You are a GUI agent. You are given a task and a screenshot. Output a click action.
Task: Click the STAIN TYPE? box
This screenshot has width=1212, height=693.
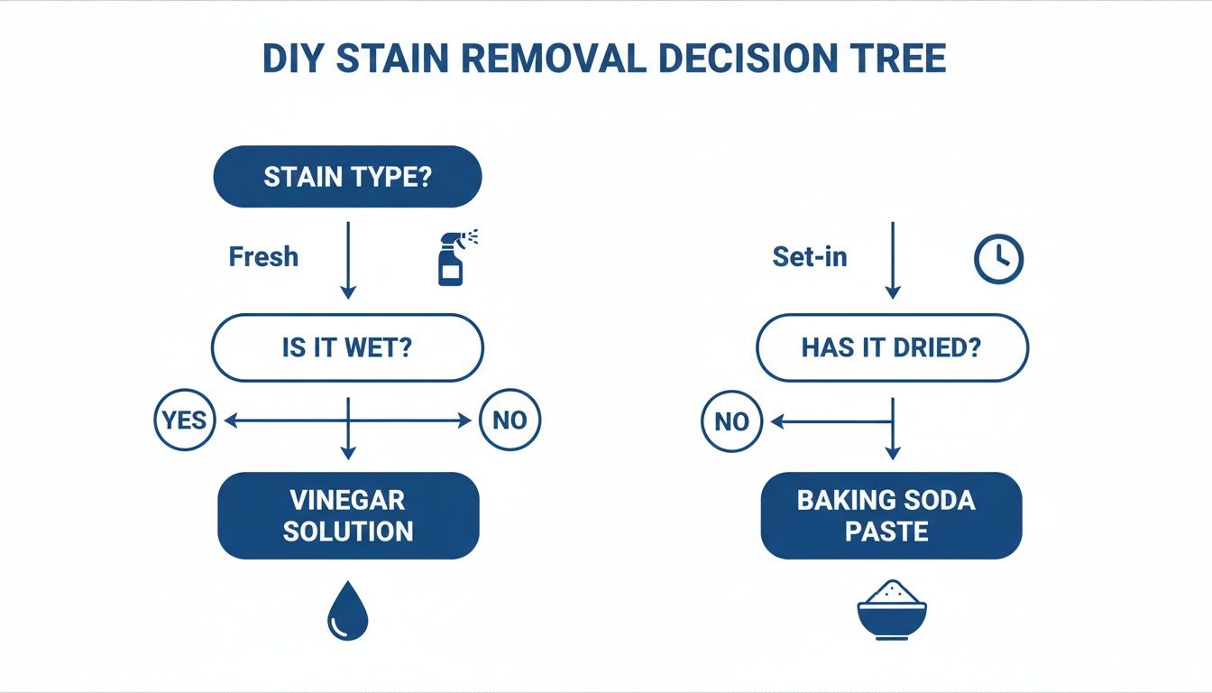point(347,177)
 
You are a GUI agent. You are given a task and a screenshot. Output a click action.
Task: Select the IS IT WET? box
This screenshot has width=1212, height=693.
point(347,347)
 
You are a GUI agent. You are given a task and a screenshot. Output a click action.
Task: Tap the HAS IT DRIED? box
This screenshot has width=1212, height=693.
point(891,348)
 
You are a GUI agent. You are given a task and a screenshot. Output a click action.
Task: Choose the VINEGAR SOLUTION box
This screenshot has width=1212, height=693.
point(348,515)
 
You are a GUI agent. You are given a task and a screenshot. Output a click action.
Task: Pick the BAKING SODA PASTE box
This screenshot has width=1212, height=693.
point(891,515)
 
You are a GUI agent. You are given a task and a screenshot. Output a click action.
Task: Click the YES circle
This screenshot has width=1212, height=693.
point(185,420)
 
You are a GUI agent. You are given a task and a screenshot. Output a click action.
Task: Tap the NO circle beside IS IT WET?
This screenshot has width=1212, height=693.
point(510,420)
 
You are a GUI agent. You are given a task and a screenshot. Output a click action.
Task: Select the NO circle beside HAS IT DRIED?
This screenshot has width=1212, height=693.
point(731,421)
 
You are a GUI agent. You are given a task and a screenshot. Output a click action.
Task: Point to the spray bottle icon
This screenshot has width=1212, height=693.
point(454,258)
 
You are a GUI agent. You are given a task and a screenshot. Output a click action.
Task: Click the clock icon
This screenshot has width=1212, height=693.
point(999,259)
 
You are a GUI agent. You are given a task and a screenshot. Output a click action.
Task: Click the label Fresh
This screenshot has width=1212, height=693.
point(263,257)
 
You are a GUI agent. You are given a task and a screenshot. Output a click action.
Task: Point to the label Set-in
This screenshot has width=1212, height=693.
point(810,257)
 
